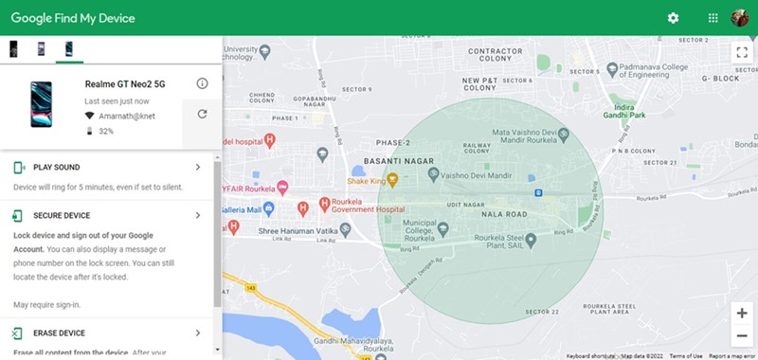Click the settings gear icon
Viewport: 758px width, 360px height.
pyautogui.click(x=674, y=18)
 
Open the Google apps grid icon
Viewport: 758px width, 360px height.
pyautogui.click(x=713, y=18)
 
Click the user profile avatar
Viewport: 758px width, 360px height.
pyautogui.click(x=741, y=18)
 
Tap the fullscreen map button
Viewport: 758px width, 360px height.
pyautogui.click(x=741, y=53)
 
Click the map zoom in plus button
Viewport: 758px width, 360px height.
pyautogui.click(x=741, y=313)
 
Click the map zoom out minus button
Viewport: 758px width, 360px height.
pyautogui.click(x=741, y=336)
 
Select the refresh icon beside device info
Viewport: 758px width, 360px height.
pyautogui.click(x=202, y=115)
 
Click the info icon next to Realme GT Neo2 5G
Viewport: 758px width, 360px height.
pyautogui.click(x=202, y=83)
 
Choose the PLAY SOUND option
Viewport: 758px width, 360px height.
pyautogui.click(x=57, y=168)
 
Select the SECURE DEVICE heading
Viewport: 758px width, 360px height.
pyautogui.click(x=63, y=215)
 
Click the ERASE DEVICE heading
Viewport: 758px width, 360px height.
pyautogui.click(x=59, y=333)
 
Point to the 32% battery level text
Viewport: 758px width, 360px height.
pyautogui.click(x=106, y=131)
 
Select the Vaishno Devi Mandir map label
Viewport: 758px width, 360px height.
pyautogui.click(x=474, y=174)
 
